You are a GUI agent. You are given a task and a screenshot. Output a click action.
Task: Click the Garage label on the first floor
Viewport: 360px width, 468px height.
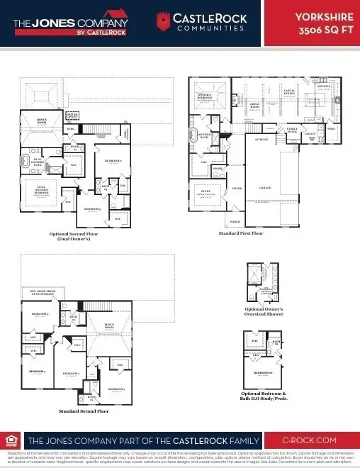tap(265, 188)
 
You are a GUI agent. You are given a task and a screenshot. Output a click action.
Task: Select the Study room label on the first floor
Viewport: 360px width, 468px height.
tap(206, 191)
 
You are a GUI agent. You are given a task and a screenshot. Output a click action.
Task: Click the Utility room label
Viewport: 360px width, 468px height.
tap(309, 133)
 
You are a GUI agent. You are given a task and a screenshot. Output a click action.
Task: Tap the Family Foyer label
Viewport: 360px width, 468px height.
tap(292, 130)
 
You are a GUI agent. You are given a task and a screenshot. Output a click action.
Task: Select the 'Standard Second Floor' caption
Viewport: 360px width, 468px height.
tap(83, 411)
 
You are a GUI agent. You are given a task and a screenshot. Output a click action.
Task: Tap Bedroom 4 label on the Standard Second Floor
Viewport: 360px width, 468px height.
tap(40, 313)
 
